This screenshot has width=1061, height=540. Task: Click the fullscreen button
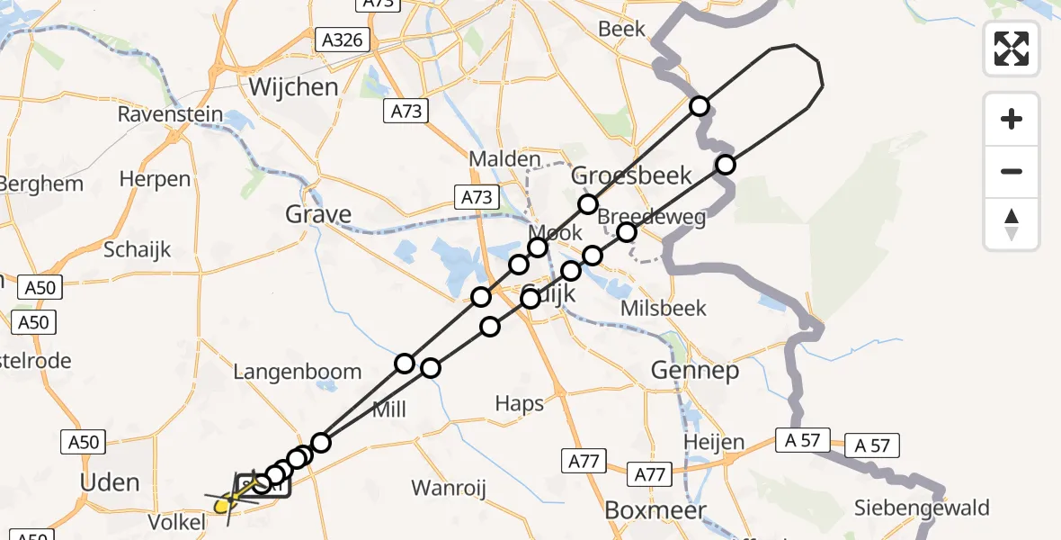tap(1012, 49)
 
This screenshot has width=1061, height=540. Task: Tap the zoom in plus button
tap(1012, 119)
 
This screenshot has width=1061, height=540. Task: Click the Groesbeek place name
tap(632, 175)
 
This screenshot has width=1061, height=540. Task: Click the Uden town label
tap(110, 482)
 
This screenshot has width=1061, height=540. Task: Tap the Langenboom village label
tap(297, 372)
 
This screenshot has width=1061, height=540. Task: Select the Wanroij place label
tap(449, 489)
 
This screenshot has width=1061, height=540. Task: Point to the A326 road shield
tap(342, 40)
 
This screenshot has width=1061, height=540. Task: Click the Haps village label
tap(520, 403)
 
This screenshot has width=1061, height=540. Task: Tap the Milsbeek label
tap(664, 308)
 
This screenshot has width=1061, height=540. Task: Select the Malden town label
tap(504, 159)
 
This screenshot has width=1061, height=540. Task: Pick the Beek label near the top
tap(621, 29)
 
